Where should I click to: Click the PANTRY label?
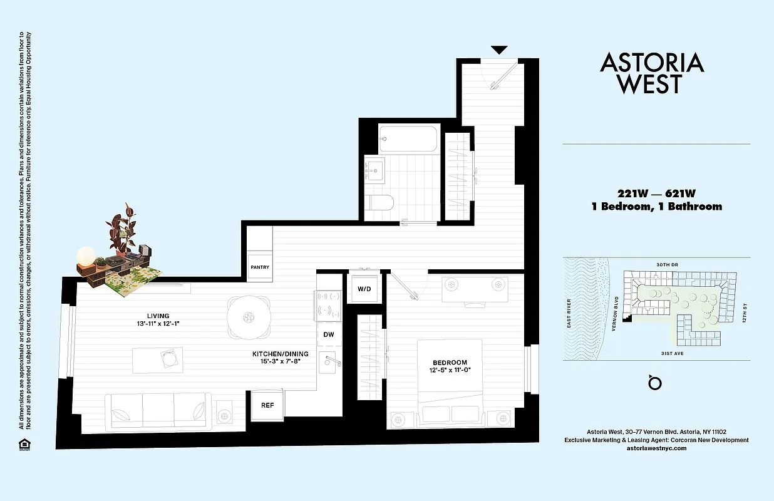coord(260,267)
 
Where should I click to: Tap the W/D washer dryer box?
coord(363,289)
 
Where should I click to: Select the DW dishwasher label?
coord(329,335)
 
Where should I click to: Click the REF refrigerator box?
coord(267,405)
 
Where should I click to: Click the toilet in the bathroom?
coord(380,202)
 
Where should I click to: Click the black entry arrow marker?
coord(499,50)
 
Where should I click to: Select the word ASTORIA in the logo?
coord(652,63)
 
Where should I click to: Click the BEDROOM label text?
coord(450,363)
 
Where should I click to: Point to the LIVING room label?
coord(158,316)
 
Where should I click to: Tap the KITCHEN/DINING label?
coord(276,353)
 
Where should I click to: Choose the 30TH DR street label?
coord(666,265)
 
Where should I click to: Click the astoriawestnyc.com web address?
coord(656,448)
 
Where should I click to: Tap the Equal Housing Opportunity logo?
coord(24,444)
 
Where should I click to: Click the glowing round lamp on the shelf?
coord(85,256)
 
